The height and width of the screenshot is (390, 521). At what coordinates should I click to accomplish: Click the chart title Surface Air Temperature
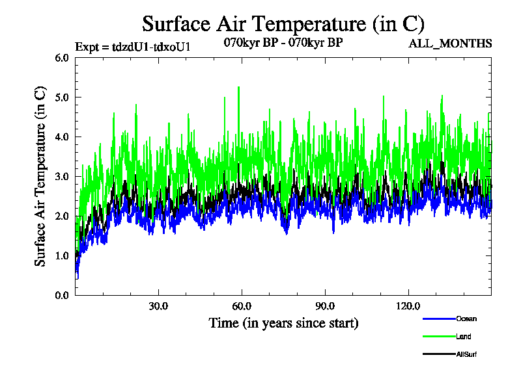(283, 24)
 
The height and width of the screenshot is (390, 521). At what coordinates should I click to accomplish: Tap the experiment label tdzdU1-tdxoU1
(133, 47)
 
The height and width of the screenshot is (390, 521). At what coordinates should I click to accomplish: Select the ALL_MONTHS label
(450, 44)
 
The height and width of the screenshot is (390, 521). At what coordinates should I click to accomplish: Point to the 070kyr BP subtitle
(283, 42)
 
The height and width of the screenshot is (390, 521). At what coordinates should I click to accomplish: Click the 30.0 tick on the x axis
(158, 306)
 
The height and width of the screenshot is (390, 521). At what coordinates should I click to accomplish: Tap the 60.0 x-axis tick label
(242, 306)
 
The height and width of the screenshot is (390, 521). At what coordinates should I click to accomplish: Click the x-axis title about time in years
(283, 323)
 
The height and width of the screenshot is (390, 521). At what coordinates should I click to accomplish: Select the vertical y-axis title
(40, 175)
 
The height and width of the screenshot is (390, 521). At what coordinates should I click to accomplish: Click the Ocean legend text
(466, 318)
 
